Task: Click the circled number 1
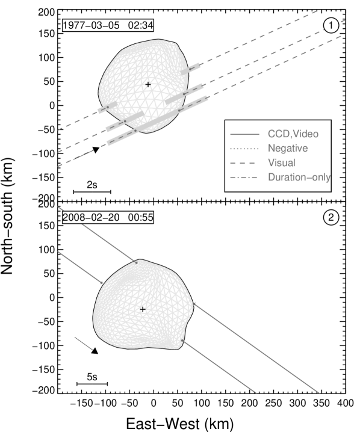pos(331,25)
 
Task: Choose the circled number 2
pos(331,217)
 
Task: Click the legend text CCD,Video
pos(293,134)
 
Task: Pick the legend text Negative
pos(288,148)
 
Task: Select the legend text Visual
pos(281,162)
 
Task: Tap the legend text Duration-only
pos(299,177)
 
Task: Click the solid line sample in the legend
pos(244,134)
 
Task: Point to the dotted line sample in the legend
pos(244,148)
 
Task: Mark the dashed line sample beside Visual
pos(244,162)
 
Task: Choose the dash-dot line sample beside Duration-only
pos(244,177)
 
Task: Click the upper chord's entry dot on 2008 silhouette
pos(137,262)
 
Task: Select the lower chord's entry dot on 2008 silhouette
pos(102,281)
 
